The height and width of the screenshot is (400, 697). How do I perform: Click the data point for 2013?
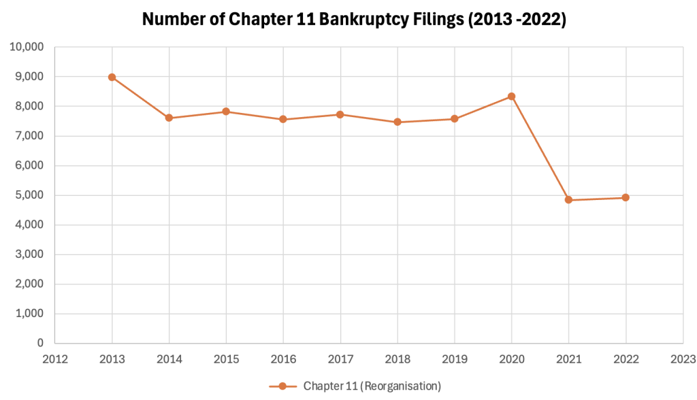112,77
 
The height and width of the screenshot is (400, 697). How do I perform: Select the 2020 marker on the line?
511,97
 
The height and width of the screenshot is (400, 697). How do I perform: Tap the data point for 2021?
568,200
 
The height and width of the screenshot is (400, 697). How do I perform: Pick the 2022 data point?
626,198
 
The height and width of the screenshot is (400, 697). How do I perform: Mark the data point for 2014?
169,118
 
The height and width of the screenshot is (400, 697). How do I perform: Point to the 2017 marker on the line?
340,114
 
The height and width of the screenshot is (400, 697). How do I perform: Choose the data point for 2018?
398,122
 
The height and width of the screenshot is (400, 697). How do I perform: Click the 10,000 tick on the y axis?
26,47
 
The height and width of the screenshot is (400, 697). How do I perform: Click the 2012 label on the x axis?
54,358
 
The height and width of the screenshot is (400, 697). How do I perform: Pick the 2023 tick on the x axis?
683,358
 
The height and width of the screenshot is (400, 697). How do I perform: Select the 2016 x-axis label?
283,358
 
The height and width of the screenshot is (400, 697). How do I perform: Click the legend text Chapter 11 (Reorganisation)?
372,386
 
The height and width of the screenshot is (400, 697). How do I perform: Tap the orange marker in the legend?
282,386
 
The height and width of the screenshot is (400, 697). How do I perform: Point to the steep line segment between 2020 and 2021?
540,148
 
